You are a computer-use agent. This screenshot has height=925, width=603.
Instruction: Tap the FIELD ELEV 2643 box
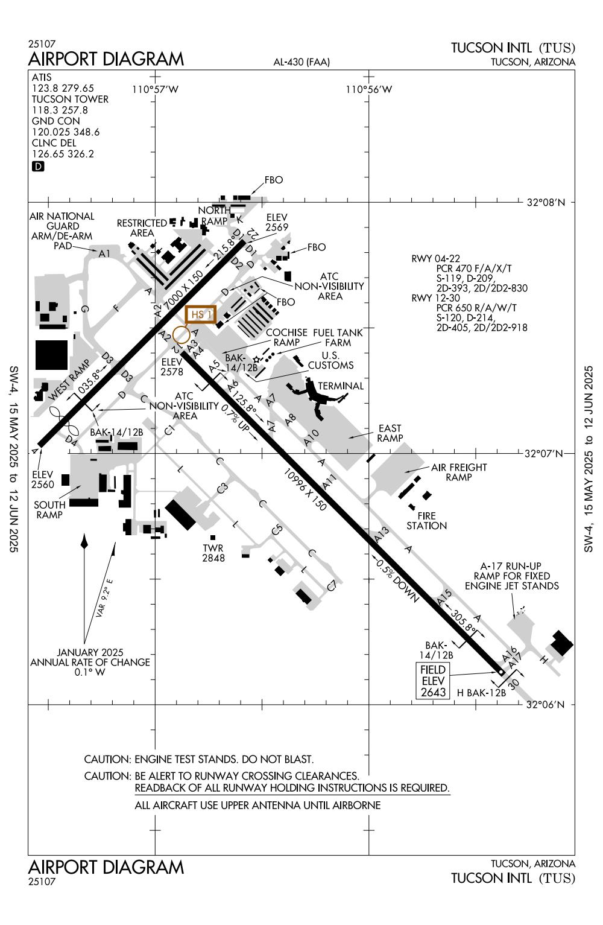tap(433, 681)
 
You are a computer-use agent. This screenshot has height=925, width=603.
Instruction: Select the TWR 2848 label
tap(213, 553)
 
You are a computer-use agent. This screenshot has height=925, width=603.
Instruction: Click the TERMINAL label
tap(341, 386)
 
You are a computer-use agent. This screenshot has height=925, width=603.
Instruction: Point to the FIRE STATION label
tap(426, 521)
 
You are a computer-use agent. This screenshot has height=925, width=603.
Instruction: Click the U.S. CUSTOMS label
tap(330, 360)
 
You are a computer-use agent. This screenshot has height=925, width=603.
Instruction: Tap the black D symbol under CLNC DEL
tap(37, 167)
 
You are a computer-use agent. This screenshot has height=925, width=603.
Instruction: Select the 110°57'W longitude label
tap(156, 90)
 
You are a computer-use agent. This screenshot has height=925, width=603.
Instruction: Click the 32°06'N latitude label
tap(545, 704)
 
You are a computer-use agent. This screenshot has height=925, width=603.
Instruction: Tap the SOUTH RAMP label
tap(49, 510)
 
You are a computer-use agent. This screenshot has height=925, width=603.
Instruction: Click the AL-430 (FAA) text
tap(301, 62)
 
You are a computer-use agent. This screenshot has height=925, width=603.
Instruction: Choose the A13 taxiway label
tap(382, 534)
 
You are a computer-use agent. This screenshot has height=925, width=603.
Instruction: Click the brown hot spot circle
tap(180, 335)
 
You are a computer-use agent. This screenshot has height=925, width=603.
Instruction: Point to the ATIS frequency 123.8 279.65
tap(63, 88)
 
